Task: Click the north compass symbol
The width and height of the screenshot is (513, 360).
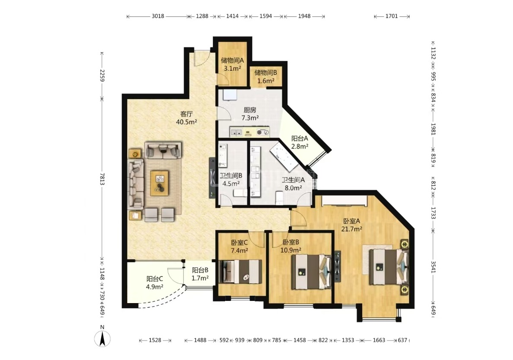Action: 103,337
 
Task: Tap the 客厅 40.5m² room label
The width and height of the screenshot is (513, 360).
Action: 187,118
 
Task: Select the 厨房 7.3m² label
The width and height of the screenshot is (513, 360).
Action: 250,114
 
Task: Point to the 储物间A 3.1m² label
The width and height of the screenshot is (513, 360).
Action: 232,65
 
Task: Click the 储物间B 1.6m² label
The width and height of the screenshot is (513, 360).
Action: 266,77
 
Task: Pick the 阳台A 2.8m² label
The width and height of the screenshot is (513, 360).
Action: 300,142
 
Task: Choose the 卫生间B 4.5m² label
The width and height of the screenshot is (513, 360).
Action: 231,180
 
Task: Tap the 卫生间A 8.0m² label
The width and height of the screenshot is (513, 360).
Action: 293,184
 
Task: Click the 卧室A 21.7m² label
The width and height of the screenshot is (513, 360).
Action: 352,225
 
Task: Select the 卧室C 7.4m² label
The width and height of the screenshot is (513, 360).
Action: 239,247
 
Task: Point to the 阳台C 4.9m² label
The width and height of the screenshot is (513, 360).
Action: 154,283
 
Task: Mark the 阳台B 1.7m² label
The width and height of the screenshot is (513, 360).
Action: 200,274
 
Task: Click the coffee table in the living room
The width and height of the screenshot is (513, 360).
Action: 160,183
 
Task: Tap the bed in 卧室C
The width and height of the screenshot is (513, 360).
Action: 241,272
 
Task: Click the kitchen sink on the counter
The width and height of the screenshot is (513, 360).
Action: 236,132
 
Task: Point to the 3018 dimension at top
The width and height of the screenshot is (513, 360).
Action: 158,16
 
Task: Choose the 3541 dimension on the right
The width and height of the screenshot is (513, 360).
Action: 433,267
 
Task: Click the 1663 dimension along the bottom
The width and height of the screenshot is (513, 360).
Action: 379,340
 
